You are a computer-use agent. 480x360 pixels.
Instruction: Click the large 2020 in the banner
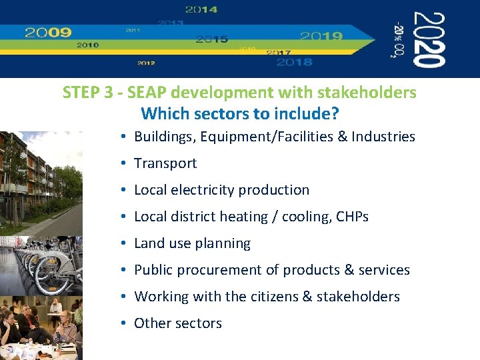point(428,40)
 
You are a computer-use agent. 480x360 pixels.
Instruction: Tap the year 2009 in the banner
point(48,32)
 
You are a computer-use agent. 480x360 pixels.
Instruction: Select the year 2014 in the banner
point(201,10)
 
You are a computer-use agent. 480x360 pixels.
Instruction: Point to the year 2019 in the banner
point(321,36)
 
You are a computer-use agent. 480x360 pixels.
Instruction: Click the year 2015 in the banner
point(212,39)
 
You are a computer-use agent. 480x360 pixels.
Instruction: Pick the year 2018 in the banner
point(294,62)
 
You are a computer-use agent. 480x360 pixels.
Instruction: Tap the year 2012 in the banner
point(146,63)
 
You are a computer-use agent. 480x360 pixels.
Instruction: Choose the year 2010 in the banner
point(87,45)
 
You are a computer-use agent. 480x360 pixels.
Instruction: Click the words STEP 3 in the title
point(84,93)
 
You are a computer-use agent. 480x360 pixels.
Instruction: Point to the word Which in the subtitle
point(162,114)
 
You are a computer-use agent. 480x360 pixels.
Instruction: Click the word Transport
point(165,163)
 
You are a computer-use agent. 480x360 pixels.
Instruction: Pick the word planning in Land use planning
point(223,243)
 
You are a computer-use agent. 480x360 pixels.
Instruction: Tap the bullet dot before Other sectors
point(125,323)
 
